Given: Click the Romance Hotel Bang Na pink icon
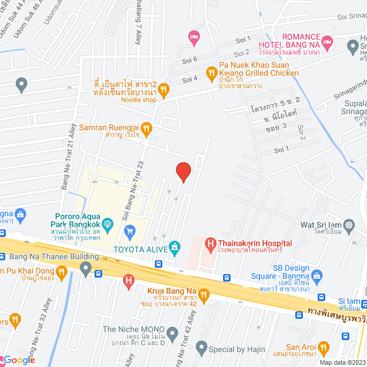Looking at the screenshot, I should point(327,41).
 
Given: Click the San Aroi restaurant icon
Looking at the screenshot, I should point(323,347).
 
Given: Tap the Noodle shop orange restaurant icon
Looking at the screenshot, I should point(163,89).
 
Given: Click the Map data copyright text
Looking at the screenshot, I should point(342,362).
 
